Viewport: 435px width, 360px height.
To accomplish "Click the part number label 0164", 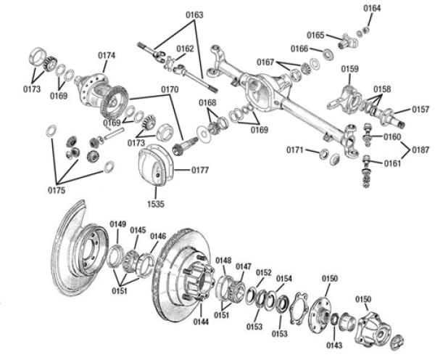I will coord(371,8).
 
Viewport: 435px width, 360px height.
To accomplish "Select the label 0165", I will coord(315,35).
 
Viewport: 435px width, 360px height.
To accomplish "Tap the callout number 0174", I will coord(107,56).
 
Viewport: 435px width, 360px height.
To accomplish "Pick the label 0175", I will coord(56,190).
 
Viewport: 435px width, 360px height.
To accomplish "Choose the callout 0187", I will coord(421,149).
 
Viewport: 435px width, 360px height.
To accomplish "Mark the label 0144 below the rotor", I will coord(202,320).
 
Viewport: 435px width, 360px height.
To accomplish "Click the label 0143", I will coord(334,344).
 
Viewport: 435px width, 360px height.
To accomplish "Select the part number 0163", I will coord(194,15).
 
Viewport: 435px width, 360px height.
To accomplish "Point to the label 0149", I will coord(117,224).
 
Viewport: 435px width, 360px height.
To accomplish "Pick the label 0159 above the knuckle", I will coord(349,69).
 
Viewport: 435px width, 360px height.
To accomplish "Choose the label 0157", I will coord(421,110).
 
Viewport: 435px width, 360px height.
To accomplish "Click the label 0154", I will coord(283,279).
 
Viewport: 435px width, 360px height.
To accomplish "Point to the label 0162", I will coord(185,49).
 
